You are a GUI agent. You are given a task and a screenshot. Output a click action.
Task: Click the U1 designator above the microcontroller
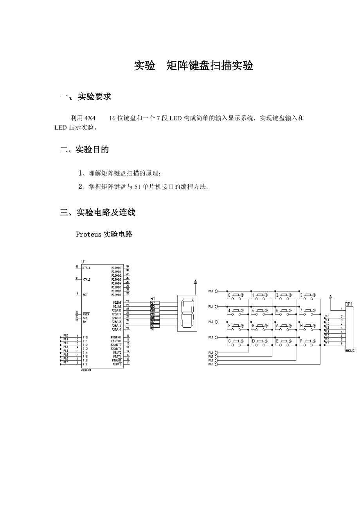(83, 262)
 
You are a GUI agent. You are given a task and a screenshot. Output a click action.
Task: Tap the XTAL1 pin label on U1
(86, 268)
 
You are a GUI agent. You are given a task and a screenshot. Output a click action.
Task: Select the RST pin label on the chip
(85, 295)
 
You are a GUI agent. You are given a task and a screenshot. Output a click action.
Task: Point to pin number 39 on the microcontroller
(128, 267)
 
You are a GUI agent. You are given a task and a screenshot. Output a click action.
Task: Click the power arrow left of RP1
(331, 297)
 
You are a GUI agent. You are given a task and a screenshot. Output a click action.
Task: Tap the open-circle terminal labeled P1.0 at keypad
(216, 291)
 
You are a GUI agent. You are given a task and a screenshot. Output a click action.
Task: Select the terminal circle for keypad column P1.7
(216, 364)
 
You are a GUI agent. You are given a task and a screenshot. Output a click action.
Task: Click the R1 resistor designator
(153, 299)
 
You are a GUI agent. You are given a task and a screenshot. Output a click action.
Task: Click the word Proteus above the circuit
(89, 235)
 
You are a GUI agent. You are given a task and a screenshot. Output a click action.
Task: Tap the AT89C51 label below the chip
(86, 370)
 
